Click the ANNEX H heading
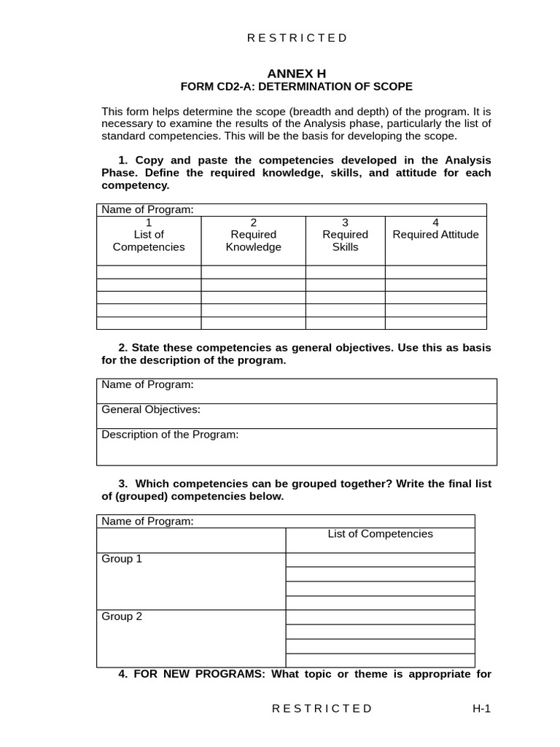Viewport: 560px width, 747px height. (x=296, y=73)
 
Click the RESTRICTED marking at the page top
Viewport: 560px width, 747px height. (x=297, y=38)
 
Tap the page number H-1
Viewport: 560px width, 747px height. (x=481, y=708)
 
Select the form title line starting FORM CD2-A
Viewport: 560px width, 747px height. (x=296, y=87)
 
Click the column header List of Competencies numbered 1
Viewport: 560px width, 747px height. (x=149, y=235)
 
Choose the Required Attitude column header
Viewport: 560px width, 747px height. (x=435, y=234)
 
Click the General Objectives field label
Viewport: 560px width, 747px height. (x=151, y=410)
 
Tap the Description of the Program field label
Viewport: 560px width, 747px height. (x=170, y=435)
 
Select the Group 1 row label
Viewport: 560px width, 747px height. (x=122, y=559)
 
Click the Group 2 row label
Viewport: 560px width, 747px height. (x=122, y=616)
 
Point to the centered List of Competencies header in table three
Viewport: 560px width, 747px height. (x=380, y=534)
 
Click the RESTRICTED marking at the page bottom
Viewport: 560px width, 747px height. (x=322, y=708)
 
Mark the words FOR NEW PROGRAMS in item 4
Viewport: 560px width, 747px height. (x=199, y=674)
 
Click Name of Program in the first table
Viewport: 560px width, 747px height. (x=147, y=210)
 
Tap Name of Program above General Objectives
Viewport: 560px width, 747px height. (x=147, y=384)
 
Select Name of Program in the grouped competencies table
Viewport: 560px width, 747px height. (x=147, y=521)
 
